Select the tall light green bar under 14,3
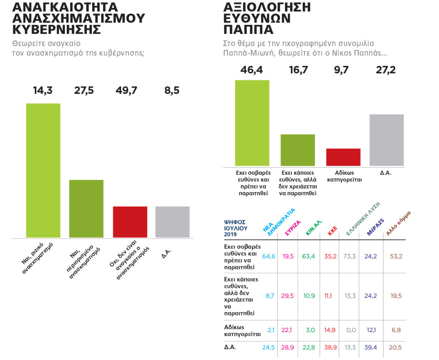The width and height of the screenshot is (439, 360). pyautogui.click(x=43, y=170)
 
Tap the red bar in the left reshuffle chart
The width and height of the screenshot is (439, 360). pyautogui.click(x=130, y=222)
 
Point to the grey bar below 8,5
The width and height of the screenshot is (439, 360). pyautogui.click(x=173, y=222)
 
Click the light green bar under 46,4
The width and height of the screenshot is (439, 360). pyautogui.click(x=252, y=123)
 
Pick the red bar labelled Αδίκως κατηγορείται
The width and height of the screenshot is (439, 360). pyautogui.click(x=343, y=157)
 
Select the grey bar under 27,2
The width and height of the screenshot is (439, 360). pyautogui.click(x=387, y=140)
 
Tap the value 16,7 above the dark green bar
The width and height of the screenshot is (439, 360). pyautogui.click(x=298, y=70)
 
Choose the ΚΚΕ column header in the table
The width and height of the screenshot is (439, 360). pyautogui.click(x=333, y=230)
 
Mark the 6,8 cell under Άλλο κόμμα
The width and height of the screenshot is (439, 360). pyautogui.click(x=397, y=330)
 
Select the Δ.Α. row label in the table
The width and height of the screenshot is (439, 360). pyautogui.click(x=230, y=347)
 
